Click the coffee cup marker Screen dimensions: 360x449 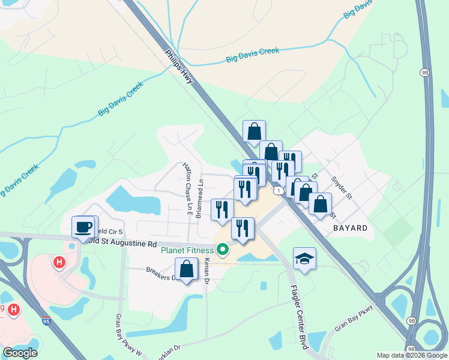point(83,227)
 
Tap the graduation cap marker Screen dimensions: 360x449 point(304,259)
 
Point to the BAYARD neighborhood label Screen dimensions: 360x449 point(349,228)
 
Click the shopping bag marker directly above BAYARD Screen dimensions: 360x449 point(320,203)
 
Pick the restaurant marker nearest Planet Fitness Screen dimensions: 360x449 point(243,228)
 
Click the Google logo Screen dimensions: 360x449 point(20,352)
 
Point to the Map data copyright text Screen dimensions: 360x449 point(411,355)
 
